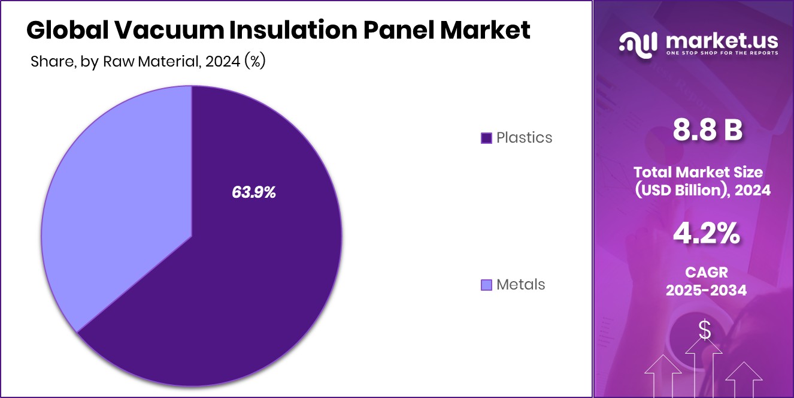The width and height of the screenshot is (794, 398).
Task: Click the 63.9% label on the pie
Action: (x=253, y=192)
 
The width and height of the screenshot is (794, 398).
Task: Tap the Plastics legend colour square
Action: (x=486, y=138)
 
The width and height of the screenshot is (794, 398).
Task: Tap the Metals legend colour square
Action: (x=486, y=285)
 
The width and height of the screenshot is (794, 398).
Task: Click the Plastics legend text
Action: (x=524, y=138)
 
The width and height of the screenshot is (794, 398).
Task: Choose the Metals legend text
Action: (x=520, y=285)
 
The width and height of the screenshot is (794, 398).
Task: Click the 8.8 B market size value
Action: (x=707, y=131)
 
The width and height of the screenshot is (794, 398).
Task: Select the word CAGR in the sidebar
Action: (x=707, y=273)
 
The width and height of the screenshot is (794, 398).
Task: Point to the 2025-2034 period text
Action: (x=707, y=291)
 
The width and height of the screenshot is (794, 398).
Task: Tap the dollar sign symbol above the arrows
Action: (x=705, y=330)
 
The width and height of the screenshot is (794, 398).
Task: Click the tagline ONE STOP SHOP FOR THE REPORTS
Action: (x=722, y=53)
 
